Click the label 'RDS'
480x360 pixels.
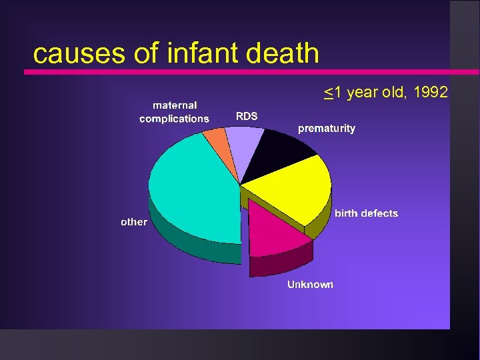click(x=247, y=116)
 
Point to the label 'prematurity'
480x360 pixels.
click(x=326, y=128)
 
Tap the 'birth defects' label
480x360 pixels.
click(x=366, y=213)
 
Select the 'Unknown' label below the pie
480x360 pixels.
click(x=310, y=285)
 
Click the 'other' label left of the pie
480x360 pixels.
click(x=133, y=221)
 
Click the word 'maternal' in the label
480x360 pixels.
click(x=175, y=105)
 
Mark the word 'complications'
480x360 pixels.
click(x=174, y=119)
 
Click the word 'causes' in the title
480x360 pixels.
click(x=73, y=54)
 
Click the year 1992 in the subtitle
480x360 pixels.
click(x=431, y=93)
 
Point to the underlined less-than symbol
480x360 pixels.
click(x=328, y=93)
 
